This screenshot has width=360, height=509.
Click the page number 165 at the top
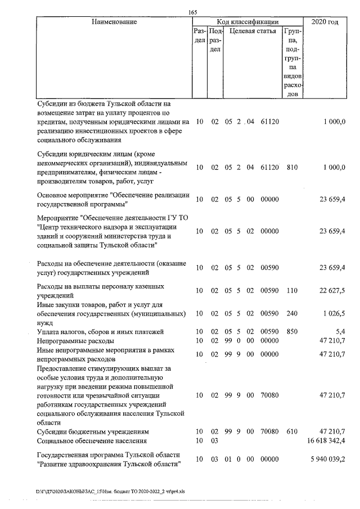tap(194, 12)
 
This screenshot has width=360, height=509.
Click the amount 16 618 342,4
tap(327, 440)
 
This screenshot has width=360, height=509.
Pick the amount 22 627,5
tap(332, 290)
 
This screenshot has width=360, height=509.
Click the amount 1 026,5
tap(332, 313)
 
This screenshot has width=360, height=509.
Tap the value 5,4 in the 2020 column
tap(340, 332)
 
